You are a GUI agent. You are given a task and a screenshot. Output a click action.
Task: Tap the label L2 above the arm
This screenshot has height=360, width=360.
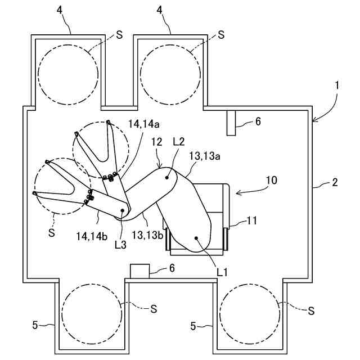(x=179, y=142)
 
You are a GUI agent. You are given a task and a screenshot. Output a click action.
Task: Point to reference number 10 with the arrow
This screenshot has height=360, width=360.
(x=271, y=181)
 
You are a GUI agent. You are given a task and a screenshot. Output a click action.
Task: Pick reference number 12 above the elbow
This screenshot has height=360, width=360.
(x=157, y=144)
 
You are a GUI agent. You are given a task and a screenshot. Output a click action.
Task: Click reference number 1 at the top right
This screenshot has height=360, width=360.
(x=336, y=85)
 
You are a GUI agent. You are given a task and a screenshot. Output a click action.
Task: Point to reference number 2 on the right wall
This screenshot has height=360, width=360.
(x=334, y=182)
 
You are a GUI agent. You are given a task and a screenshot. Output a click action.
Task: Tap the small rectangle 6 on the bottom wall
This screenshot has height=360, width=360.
(x=139, y=270)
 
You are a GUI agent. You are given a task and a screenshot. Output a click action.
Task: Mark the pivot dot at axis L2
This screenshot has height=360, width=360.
(x=168, y=177)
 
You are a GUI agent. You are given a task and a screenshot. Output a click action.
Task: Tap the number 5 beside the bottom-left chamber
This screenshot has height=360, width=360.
(x=35, y=324)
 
